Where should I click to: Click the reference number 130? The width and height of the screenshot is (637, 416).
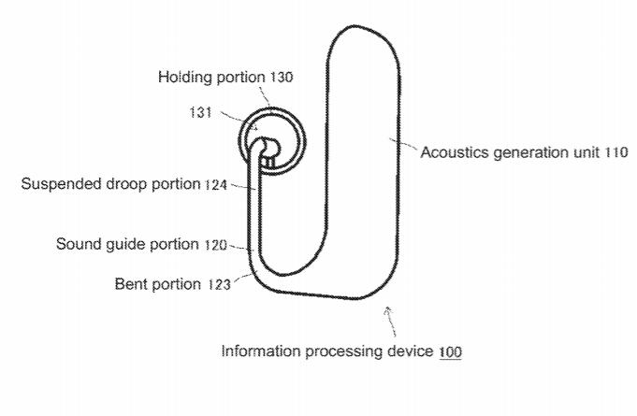click(x=281, y=78)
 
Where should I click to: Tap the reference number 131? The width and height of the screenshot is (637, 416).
click(x=201, y=112)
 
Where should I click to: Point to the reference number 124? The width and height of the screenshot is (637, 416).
click(x=216, y=184)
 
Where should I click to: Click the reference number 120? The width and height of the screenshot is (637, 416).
click(x=215, y=245)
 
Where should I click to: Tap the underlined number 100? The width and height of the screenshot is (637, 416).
click(x=449, y=352)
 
